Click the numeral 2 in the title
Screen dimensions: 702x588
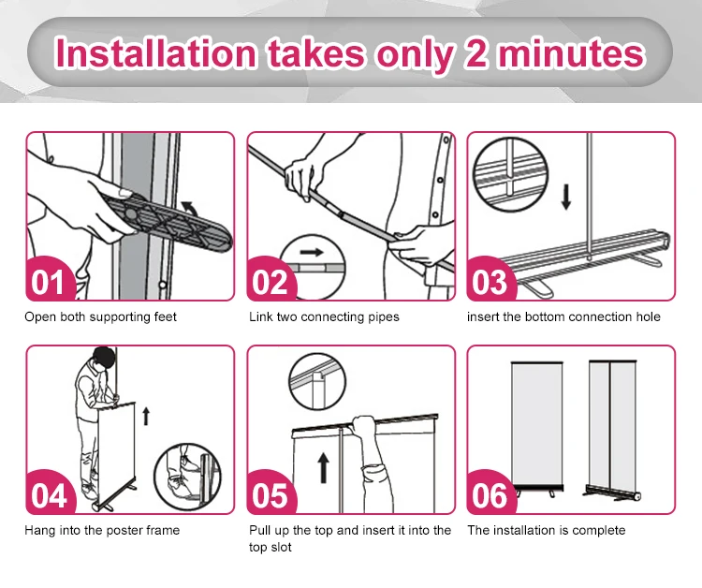point(475,53)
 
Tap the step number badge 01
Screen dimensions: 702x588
point(48,280)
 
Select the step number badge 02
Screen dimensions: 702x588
point(269,281)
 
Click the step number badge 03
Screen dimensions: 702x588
point(490,281)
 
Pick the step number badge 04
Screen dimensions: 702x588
point(48,494)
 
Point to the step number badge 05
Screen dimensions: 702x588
point(269,494)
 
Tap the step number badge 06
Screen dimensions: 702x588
point(490,494)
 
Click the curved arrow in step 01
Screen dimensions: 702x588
point(190,206)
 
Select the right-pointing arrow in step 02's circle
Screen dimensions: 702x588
point(312,252)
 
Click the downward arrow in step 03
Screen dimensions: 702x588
point(566,198)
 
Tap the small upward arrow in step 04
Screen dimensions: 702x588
point(146,416)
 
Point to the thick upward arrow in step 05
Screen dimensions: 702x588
point(323,467)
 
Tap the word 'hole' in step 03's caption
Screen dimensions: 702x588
point(649,316)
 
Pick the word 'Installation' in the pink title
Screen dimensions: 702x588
point(156,53)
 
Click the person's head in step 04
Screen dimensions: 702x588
point(103,359)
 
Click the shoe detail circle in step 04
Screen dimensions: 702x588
point(187,477)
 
